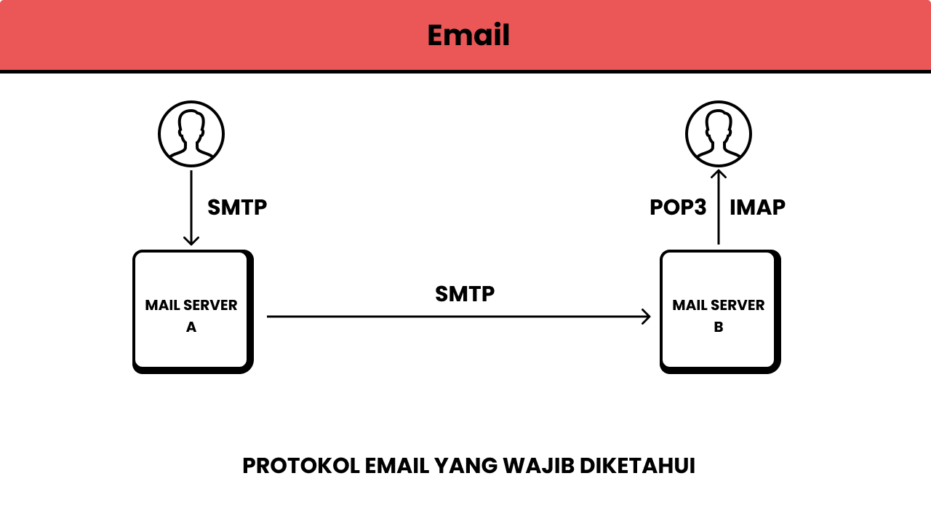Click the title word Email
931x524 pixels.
click(468, 35)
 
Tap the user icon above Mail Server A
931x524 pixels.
click(191, 134)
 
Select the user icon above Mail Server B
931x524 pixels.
click(719, 134)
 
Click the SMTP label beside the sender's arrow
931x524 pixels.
click(237, 207)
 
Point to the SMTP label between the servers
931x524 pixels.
click(465, 294)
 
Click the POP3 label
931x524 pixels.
click(678, 207)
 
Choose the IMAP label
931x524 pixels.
click(757, 207)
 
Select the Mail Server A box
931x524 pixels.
click(192, 311)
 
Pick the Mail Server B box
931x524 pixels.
click(719, 311)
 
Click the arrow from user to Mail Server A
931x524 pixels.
click(191, 207)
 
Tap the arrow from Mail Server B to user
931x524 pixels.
click(719, 207)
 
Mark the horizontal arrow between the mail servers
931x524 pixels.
click(458, 317)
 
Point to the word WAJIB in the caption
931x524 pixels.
click(537, 466)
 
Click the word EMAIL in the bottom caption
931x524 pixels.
click(396, 466)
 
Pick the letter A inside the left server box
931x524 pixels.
click(191, 327)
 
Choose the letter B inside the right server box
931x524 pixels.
click(719, 327)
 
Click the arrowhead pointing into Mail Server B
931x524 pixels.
click(646, 317)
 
